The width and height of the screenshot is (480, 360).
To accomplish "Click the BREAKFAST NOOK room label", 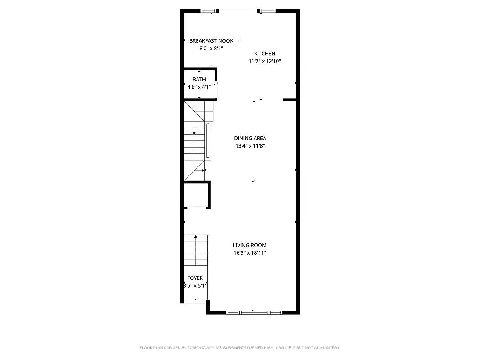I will point(211,41).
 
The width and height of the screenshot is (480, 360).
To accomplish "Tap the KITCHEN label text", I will point(265,54).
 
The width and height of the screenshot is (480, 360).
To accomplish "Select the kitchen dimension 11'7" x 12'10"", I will point(265,61).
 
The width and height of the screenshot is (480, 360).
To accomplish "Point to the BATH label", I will point(199,80).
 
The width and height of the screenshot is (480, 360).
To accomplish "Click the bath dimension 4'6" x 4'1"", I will point(199,87).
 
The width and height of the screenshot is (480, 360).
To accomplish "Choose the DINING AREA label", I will point(250,138).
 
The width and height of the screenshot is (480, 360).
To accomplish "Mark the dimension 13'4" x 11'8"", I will point(250,146).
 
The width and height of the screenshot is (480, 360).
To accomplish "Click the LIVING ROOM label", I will point(250,245).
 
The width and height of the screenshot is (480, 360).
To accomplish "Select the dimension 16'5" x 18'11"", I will point(250,253).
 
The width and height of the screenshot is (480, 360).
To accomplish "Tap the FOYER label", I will point(195,278).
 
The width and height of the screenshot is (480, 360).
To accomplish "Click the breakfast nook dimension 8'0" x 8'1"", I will point(211,49).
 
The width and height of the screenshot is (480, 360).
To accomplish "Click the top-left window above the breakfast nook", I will point(207,11).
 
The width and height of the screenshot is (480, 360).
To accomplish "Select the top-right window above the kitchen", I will point(267,11).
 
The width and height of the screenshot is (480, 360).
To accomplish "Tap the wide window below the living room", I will point(254,312).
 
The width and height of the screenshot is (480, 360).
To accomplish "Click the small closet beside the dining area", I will point(196,194).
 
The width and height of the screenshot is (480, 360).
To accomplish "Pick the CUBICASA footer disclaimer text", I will point(240,348).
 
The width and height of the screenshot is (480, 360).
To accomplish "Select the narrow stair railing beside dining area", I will point(208,141).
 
